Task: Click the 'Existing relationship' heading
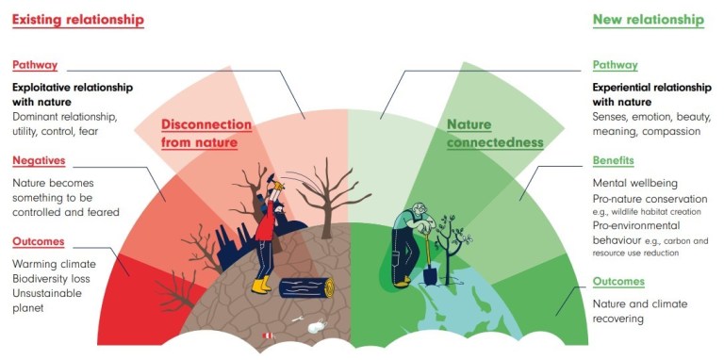[x=77, y=19]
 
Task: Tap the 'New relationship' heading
[x=648, y=19]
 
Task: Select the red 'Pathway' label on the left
[x=35, y=66]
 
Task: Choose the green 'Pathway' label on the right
[x=615, y=66]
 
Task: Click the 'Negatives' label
[x=39, y=161]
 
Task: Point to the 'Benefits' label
[x=613, y=161]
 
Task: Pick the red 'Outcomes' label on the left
[x=39, y=242]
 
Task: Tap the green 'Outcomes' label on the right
[x=618, y=282]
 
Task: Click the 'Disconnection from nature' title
[x=206, y=133]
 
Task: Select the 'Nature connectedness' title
[x=494, y=133]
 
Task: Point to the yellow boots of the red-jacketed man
[x=261, y=284]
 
